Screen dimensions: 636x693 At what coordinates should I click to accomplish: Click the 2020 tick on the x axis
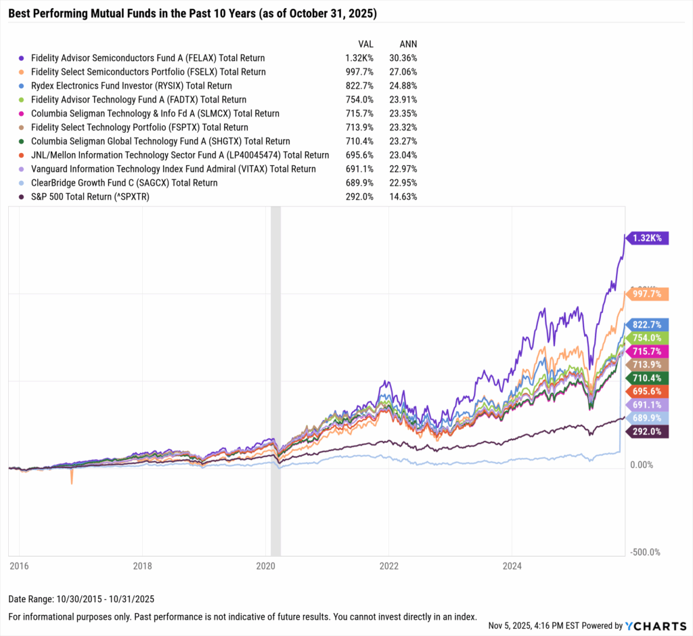tap(265, 564)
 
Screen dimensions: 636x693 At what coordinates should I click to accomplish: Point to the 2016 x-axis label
tap(19, 564)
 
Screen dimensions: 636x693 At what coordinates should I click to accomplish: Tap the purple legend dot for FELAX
tap(22, 58)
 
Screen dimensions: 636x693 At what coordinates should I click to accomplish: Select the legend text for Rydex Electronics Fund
tap(131, 86)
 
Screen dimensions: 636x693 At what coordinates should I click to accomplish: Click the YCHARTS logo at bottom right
tap(661, 626)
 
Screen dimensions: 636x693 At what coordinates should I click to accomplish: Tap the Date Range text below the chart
tap(81, 599)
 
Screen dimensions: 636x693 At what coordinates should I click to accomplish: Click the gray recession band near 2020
tap(275, 379)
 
